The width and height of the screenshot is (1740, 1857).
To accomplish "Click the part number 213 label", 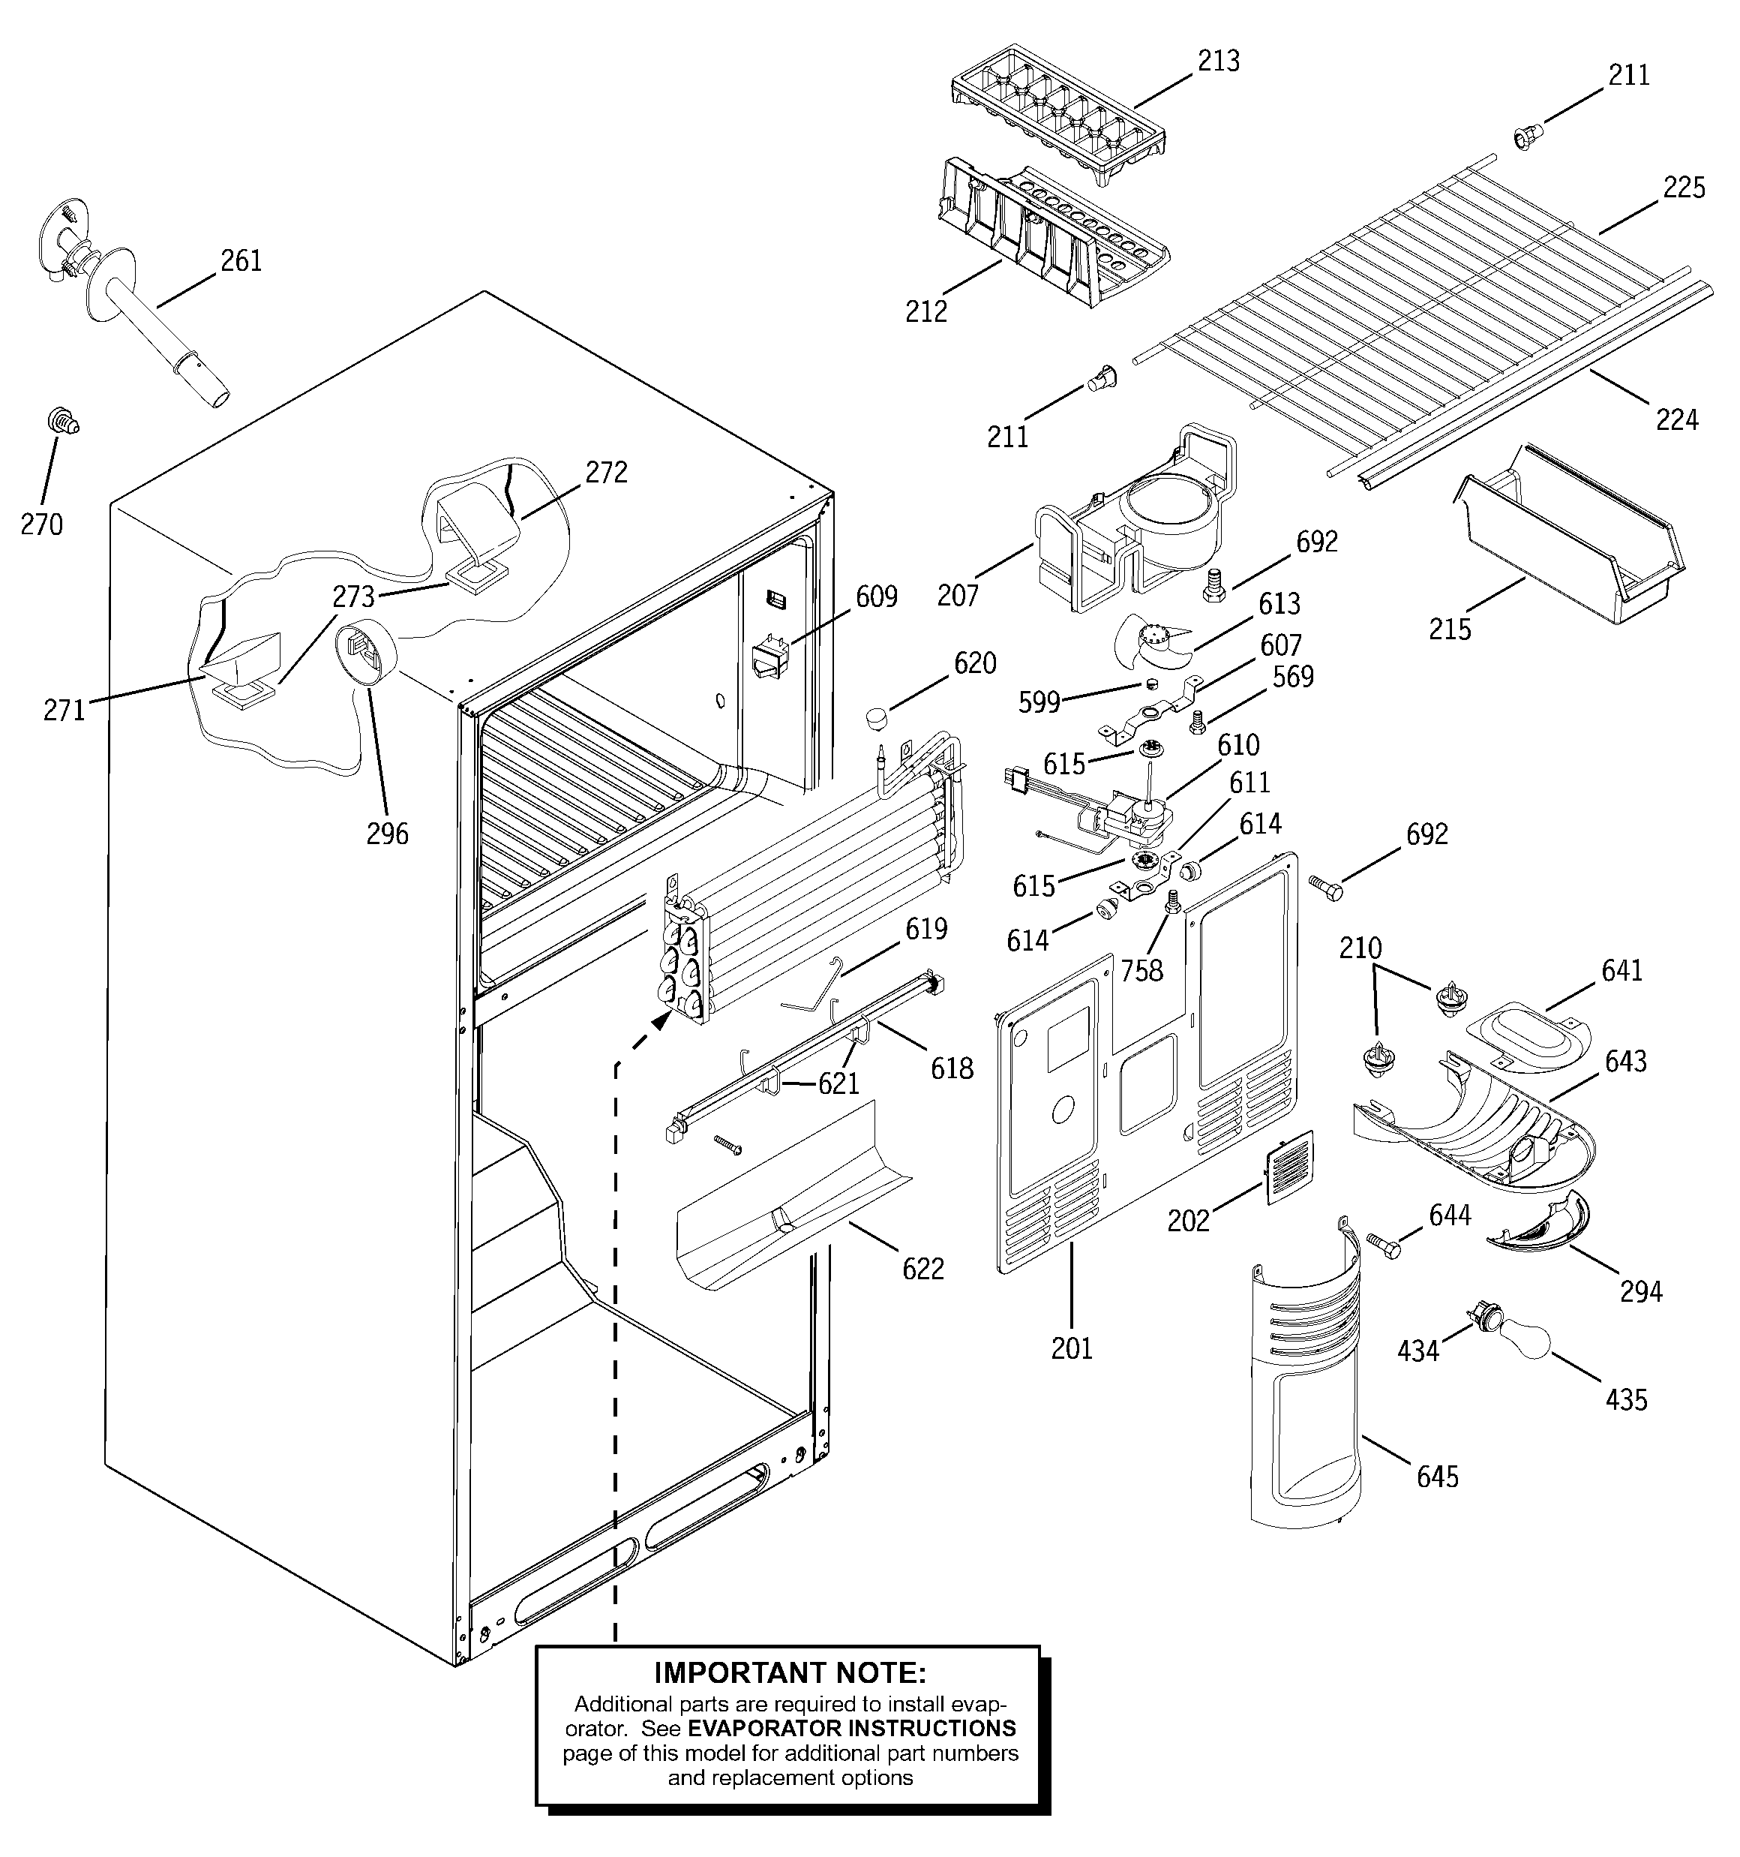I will pos(1218,62).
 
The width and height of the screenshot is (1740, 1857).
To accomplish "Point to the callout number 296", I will pos(387,834).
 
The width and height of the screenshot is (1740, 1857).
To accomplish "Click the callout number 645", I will pos(1436,1477).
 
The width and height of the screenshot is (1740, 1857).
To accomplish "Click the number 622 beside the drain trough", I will pos(922,1269).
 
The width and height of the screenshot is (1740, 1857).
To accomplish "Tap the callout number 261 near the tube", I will pos(241,260).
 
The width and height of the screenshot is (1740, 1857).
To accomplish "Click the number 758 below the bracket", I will pos(1141,971).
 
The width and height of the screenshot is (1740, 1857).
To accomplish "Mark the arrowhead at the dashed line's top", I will pos(662,1022).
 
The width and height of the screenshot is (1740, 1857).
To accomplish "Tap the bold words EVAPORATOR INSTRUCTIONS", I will pos(852,1728).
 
